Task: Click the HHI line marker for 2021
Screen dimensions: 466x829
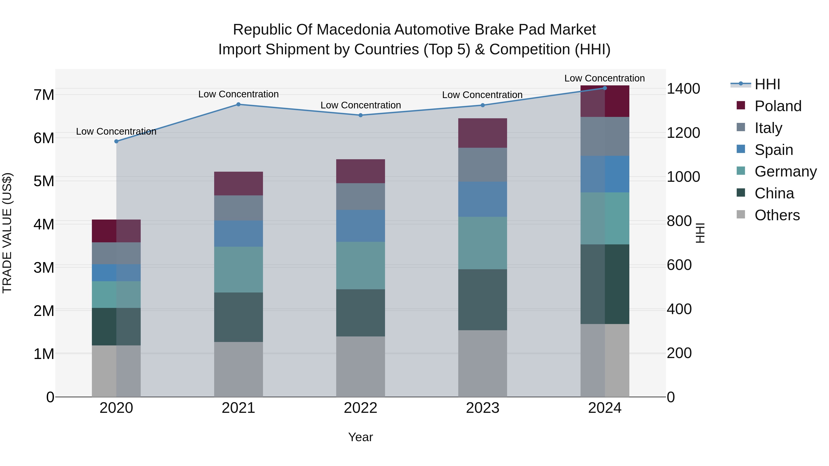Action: tap(239, 104)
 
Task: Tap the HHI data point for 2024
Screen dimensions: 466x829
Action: tap(605, 88)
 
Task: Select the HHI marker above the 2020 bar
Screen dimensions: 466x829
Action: tap(117, 141)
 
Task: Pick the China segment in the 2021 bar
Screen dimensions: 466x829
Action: tap(239, 317)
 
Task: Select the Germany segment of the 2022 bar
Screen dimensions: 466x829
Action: tap(360, 265)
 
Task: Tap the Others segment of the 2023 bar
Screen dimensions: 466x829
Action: tap(482, 363)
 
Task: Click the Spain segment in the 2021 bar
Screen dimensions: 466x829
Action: tap(239, 234)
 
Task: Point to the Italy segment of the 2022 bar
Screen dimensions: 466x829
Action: tap(360, 197)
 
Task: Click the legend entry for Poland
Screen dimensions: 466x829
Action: tap(778, 106)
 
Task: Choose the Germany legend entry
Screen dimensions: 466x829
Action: tap(785, 171)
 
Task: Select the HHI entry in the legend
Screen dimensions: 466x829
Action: tap(767, 84)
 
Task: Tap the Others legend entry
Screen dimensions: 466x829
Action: tap(777, 215)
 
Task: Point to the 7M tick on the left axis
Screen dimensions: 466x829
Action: tap(44, 95)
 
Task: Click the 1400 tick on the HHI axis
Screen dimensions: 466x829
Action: tap(683, 89)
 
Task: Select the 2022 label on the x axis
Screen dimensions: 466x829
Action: tap(360, 408)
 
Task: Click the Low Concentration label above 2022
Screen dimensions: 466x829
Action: tap(360, 105)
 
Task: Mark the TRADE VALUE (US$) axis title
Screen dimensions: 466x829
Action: tap(7, 233)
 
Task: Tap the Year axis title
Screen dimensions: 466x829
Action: tap(360, 437)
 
